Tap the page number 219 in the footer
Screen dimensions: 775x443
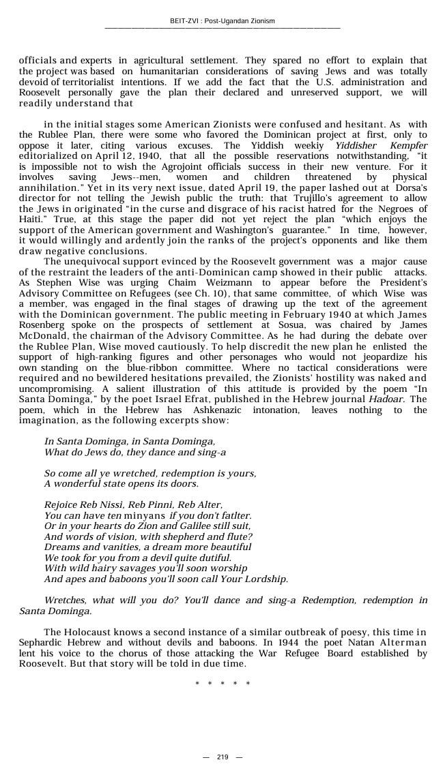pyautogui.click(x=223, y=757)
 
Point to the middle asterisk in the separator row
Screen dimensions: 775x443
pyautogui.click(x=223, y=684)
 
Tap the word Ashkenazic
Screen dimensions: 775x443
pyautogui.click(x=220, y=410)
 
